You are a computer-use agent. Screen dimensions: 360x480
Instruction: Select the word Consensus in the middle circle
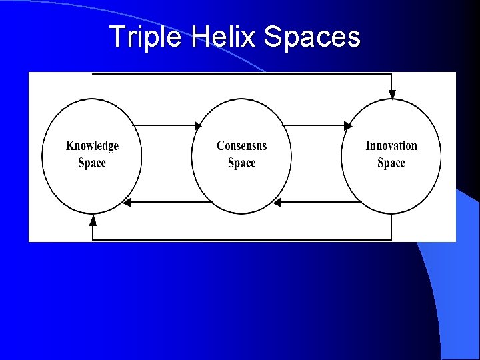pyautogui.click(x=241, y=146)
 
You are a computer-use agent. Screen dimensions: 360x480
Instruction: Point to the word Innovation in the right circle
pyautogui.click(x=391, y=146)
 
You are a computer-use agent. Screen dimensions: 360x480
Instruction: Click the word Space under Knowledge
pyautogui.click(x=92, y=163)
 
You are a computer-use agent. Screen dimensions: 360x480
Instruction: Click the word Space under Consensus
pyautogui.click(x=241, y=163)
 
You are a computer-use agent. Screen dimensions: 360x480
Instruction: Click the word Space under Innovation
pyautogui.click(x=391, y=163)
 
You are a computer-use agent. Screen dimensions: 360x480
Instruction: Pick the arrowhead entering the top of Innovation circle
pyautogui.click(x=392, y=95)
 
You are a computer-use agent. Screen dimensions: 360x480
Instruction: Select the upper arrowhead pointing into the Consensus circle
pyautogui.click(x=198, y=125)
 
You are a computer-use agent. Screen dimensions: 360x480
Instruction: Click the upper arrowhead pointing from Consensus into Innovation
pyautogui.click(x=348, y=125)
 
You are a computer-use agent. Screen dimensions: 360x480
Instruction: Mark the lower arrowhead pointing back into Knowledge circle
pyautogui.click(x=127, y=202)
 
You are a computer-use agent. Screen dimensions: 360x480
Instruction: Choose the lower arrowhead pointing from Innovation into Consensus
pyautogui.click(x=277, y=202)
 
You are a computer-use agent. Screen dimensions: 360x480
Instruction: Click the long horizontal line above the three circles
pyautogui.click(x=240, y=73)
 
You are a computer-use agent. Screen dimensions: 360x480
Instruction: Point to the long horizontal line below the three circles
pyautogui.click(x=240, y=239)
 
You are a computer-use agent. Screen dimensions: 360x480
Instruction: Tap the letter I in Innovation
pyautogui.click(x=367, y=146)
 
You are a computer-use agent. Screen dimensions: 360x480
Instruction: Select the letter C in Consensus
pyautogui.click(x=221, y=146)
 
